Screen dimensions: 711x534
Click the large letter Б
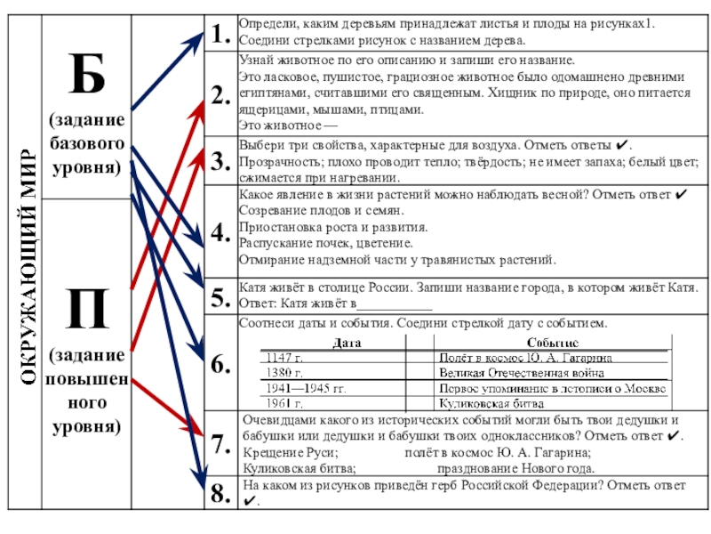click(x=86, y=75)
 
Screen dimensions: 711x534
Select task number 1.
click(x=219, y=35)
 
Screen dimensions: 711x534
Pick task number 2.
click(x=219, y=95)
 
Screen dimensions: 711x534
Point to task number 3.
click(x=219, y=160)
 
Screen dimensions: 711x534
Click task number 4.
click(x=219, y=233)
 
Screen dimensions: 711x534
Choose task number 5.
click(x=219, y=298)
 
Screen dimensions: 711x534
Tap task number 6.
click(x=219, y=363)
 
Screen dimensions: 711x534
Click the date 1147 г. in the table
click(x=284, y=357)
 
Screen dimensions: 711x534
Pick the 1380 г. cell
click(x=284, y=372)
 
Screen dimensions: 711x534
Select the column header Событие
click(x=552, y=342)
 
